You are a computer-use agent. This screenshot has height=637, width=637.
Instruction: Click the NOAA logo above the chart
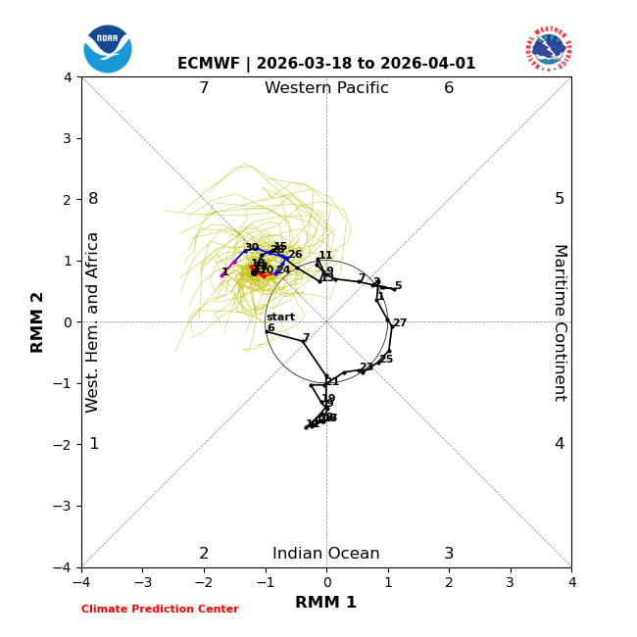coord(108,48)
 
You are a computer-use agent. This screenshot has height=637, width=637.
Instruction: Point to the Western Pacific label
coord(326,88)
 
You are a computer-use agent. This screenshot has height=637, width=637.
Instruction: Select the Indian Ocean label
coord(326,554)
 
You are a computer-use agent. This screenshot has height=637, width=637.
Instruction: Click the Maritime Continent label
coord(560,321)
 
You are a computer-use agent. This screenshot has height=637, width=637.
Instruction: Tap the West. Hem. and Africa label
coord(93,321)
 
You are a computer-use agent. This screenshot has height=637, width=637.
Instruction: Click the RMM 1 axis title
coord(326,603)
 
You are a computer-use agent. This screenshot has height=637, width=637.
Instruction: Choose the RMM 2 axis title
coord(37,321)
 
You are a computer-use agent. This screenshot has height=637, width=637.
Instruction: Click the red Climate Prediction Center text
coord(160,610)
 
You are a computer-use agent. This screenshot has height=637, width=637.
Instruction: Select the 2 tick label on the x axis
coord(449,582)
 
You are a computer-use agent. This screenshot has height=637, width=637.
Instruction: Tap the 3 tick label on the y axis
coord(66,138)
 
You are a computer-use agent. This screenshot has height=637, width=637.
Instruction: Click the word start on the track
coord(280,317)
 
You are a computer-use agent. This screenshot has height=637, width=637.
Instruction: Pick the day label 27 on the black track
coord(400,322)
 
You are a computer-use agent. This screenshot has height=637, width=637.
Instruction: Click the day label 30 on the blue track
coord(252,247)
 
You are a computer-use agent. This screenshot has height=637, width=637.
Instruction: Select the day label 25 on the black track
coord(386,359)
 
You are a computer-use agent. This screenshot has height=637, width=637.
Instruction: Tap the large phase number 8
coord(93,199)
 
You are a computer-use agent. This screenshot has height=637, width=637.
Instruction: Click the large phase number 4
coord(560,444)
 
